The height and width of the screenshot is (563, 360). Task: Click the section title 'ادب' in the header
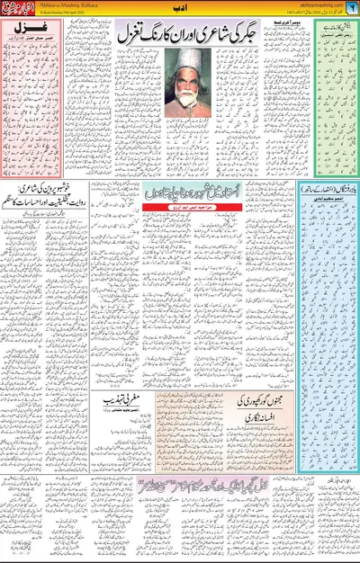pos(180,10)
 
